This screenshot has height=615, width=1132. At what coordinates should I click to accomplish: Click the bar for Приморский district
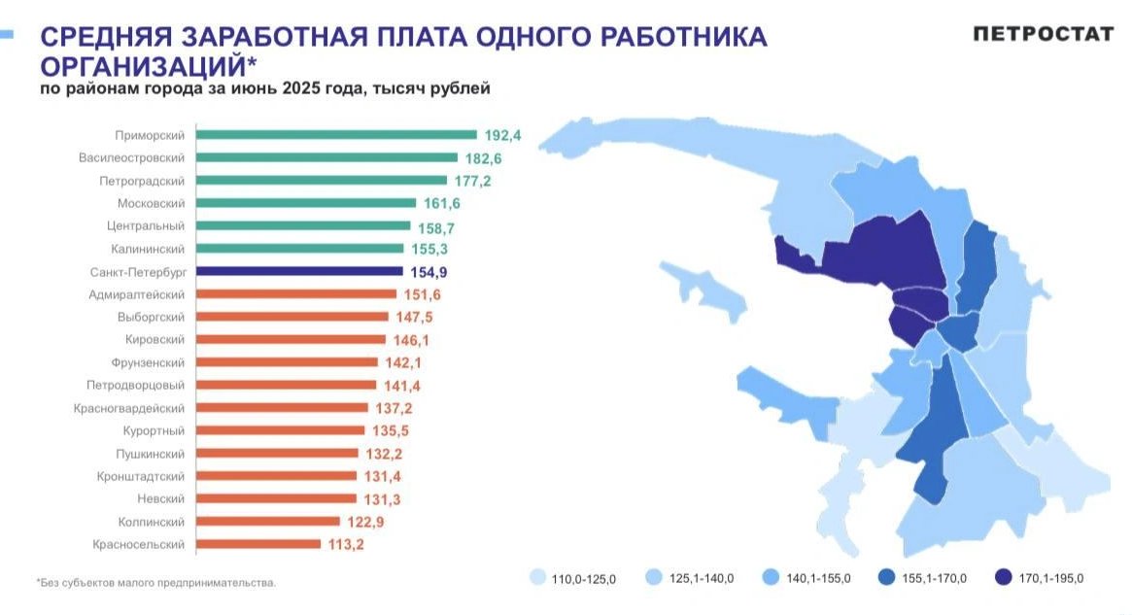click(x=336, y=135)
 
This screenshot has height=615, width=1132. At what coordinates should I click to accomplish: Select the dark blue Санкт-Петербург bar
click(x=299, y=271)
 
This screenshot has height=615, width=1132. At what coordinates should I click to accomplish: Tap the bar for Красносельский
click(x=258, y=544)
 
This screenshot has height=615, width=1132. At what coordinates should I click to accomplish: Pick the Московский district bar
click(x=306, y=203)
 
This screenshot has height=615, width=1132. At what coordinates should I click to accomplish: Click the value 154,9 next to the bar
click(x=429, y=271)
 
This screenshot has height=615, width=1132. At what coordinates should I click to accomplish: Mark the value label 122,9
click(x=366, y=522)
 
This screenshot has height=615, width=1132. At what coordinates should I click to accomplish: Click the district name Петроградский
click(x=141, y=181)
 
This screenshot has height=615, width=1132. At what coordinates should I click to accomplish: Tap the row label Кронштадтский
click(x=140, y=476)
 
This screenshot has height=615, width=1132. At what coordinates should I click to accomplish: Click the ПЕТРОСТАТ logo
click(x=1044, y=34)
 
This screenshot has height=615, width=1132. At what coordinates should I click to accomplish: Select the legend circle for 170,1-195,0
click(x=1004, y=577)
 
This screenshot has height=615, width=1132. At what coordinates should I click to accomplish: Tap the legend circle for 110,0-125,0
click(x=536, y=577)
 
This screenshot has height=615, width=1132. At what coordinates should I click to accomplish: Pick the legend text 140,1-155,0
click(x=817, y=578)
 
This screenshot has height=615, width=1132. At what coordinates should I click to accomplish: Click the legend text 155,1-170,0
click(x=934, y=578)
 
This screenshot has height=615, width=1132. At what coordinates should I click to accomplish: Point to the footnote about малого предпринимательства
click(x=156, y=583)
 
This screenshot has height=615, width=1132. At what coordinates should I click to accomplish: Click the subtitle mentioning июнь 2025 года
click(x=264, y=89)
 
